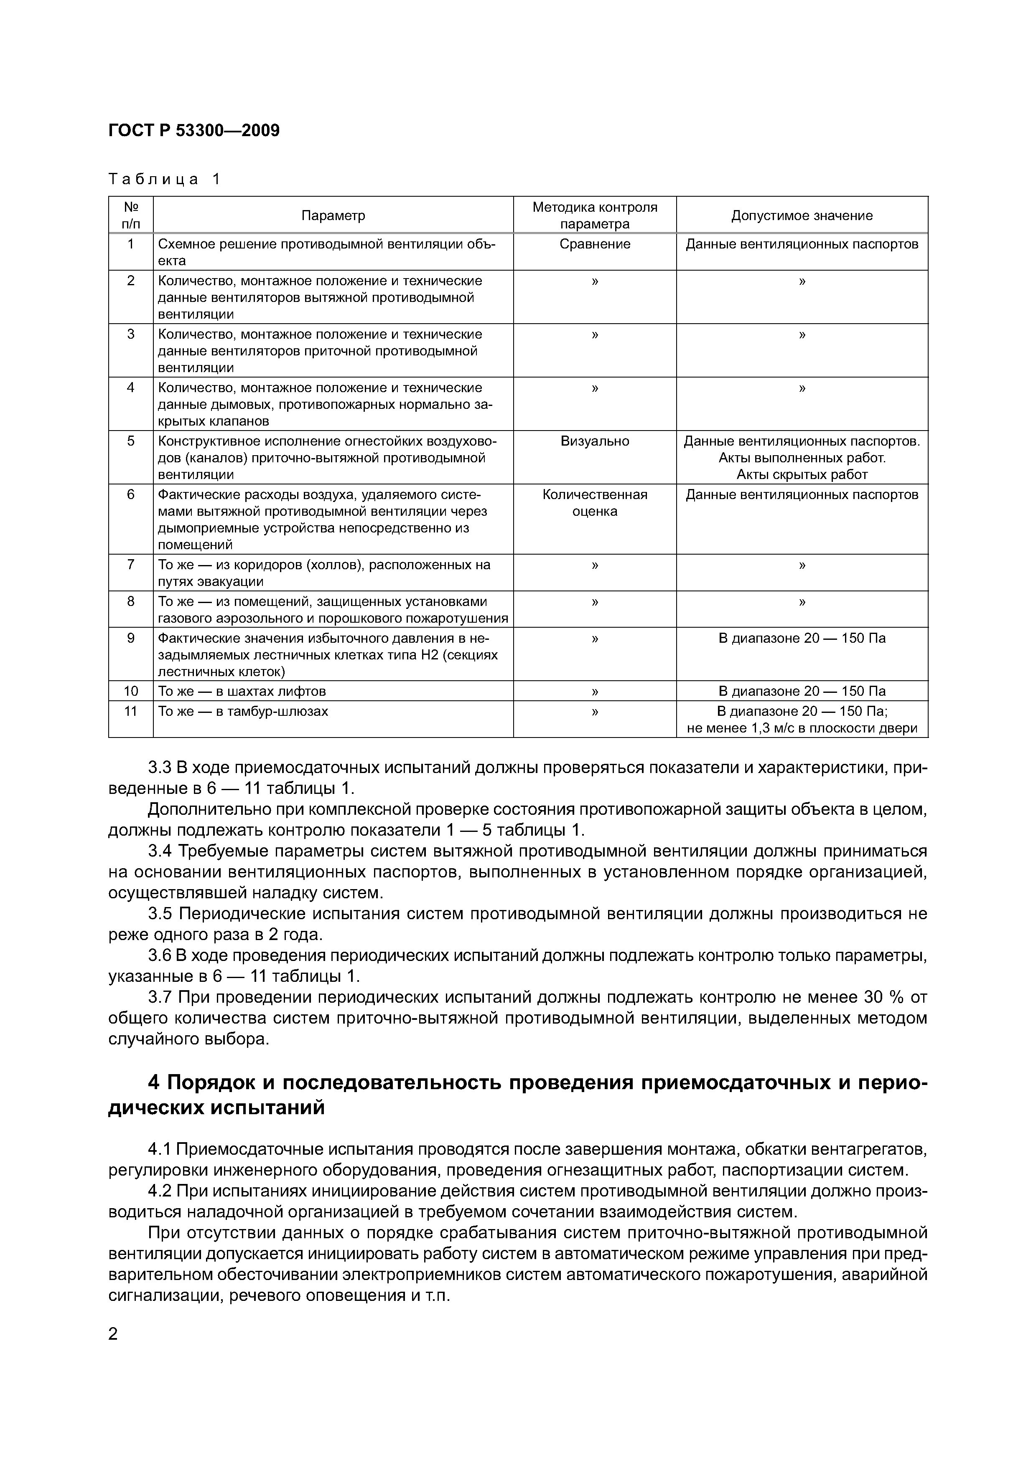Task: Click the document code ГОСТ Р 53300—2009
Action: pos(194,131)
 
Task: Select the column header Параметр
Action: pos(333,215)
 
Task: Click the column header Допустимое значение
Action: pos(802,215)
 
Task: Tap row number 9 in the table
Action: pos(131,638)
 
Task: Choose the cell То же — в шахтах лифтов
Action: pos(242,692)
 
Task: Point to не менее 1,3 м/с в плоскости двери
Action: pos(802,728)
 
